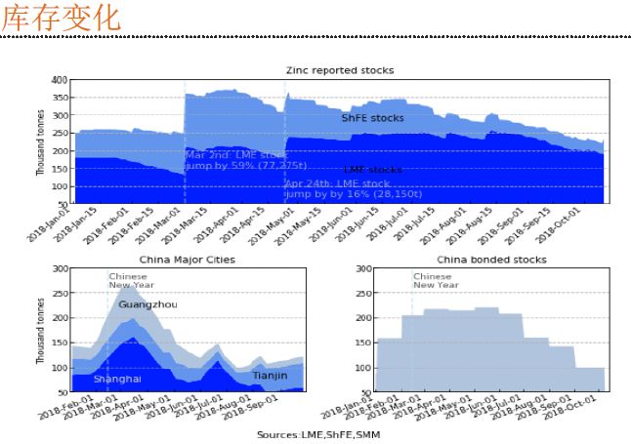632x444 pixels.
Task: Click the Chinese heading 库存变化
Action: point(62,19)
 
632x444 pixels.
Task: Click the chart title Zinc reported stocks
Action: point(340,71)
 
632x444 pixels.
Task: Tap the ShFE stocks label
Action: point(372,117)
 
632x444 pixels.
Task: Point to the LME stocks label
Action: point(373,170)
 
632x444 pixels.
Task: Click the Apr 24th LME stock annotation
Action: point(336,188)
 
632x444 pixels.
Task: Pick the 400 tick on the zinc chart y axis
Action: point(60,80)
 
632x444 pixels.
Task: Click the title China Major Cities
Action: point(189,260)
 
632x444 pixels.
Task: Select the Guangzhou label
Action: point(147,305)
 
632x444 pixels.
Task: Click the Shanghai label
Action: point(117,379)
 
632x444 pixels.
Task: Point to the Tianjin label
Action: point(270,376)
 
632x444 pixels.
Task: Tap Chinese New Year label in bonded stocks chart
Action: point(434,280)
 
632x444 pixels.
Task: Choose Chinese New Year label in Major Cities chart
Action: point(128,280)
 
